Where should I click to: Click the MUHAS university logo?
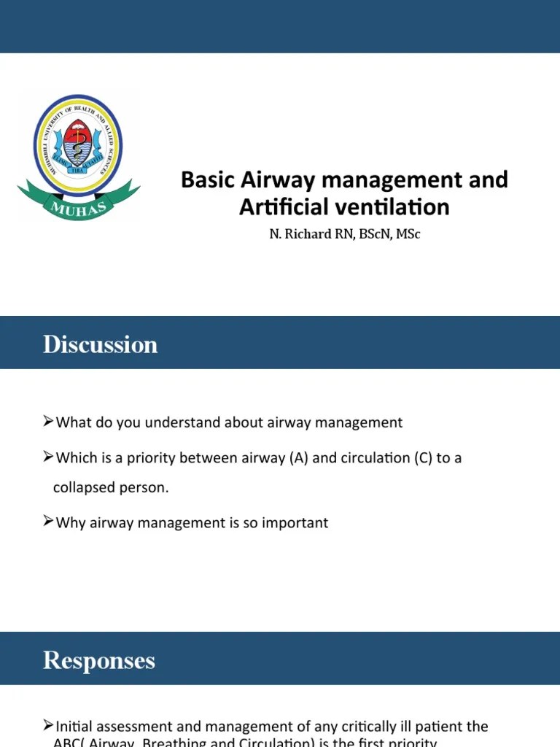pos(79,153)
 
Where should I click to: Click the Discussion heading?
pos(100,344)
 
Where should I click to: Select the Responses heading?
pos(99,660)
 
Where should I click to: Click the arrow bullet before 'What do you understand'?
pos(48,421)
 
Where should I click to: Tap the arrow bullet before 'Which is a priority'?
pos(48,457)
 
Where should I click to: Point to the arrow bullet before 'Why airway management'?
pos(48,522)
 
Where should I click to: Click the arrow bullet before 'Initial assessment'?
pos(48,725)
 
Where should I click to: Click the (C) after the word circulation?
pos(424,458)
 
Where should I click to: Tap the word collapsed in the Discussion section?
pos(82,487)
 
